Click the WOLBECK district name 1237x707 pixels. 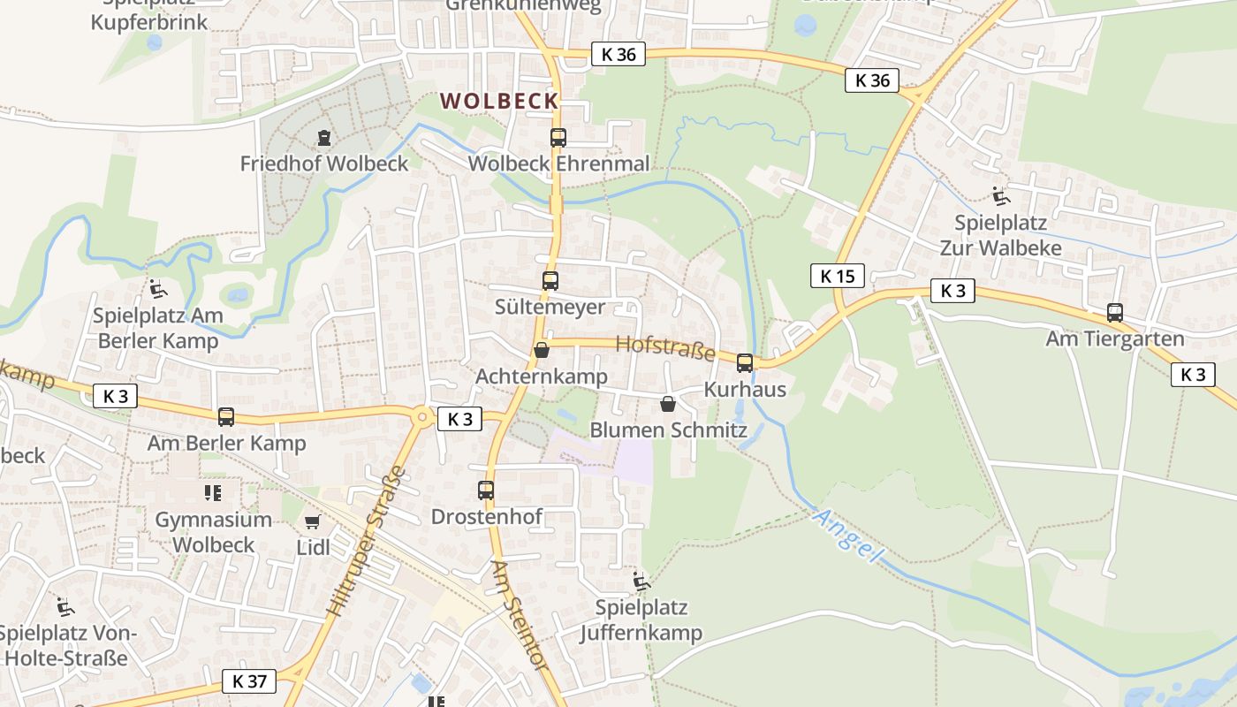tap(500, 101)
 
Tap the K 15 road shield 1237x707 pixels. tap(837, 276)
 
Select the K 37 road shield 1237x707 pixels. tap(249, 681)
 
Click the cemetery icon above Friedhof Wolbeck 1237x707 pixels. tap(324, 138)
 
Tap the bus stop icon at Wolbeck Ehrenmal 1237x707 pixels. tap(558, 138)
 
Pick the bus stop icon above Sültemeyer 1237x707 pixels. tap(550, 281)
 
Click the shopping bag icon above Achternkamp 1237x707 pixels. tap(542, 350)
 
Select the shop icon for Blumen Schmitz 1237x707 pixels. tap(668, 404)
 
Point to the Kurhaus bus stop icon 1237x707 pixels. tap(745, 362)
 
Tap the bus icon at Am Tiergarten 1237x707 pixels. tap(1115, 312)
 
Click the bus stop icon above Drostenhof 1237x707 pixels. tap(485, 490)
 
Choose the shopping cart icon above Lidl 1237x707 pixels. tap(312, 521)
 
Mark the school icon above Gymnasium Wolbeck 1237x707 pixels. tap(212, 492)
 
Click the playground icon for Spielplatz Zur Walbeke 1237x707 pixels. tap(1000, 196)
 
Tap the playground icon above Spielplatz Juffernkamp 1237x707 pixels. tap(641, 581)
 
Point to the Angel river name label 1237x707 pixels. tap(848, 536)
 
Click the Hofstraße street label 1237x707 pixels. tap(664, 347)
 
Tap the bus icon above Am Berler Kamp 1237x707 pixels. tap(226, 416)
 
